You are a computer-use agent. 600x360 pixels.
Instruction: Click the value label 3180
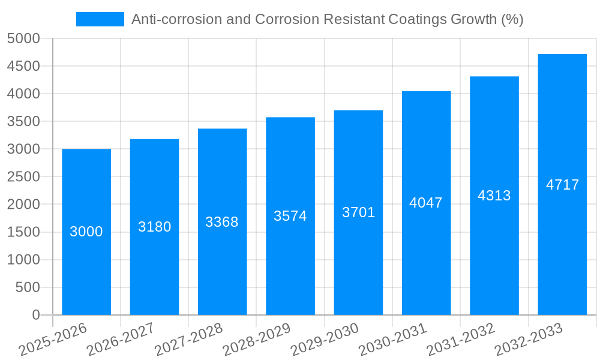154,227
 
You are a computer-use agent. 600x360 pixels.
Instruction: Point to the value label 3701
358,212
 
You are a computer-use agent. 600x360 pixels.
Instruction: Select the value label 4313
494,196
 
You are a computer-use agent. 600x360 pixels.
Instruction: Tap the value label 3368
222,222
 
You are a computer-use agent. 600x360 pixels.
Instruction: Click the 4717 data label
562,185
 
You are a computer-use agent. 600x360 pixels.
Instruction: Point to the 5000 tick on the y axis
23,39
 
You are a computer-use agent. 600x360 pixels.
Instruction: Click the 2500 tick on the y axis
23,177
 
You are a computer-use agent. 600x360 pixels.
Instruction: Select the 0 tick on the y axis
35,315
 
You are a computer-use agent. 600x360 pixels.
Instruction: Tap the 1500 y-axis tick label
23,232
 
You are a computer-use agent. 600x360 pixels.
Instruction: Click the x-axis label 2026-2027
120,340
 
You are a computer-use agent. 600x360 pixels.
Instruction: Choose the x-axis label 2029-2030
324,340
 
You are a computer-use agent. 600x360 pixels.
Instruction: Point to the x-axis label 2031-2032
460,340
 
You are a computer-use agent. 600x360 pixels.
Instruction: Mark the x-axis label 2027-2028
188,340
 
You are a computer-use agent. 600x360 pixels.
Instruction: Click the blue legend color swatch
100,19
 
